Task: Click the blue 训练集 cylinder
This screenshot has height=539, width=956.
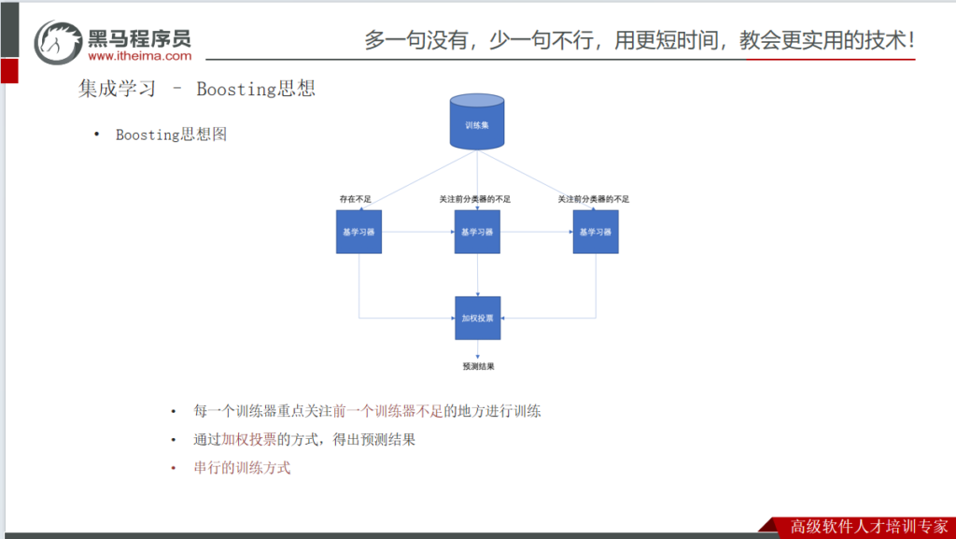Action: pos(477,122)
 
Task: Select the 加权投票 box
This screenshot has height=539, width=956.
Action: pos(477,318)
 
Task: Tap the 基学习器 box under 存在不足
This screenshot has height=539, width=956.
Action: pos(358,232)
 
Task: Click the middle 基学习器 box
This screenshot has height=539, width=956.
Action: pos(477,232)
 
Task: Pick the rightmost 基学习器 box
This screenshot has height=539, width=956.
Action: pos(596,232)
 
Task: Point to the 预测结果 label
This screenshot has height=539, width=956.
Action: pos(478,366)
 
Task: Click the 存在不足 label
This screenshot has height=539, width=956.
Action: pos(355,199)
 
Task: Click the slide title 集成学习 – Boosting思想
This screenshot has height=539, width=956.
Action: pos(197,89)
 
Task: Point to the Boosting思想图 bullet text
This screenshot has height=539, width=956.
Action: pos(171,135)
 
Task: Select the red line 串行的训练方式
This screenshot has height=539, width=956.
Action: pos(242,468)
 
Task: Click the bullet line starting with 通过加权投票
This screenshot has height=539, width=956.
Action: pos(303,440)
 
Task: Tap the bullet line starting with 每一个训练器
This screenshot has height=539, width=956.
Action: pos(367,411)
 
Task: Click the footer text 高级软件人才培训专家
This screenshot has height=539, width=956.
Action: pos(868,525)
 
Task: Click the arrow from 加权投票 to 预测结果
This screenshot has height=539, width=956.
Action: pos(478,350)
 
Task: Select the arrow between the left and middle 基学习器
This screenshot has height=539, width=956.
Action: pos(417,232)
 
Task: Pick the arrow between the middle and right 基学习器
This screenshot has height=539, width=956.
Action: pos(536,232)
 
